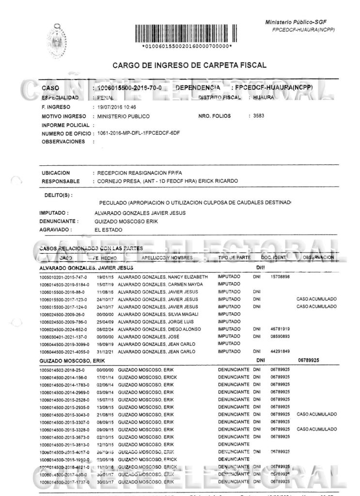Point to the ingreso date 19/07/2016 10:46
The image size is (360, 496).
click(x=115, y=107)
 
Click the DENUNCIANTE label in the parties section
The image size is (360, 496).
click(x=57, y=221)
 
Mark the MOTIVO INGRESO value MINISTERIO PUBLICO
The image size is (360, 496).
click(x=123, y=116)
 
